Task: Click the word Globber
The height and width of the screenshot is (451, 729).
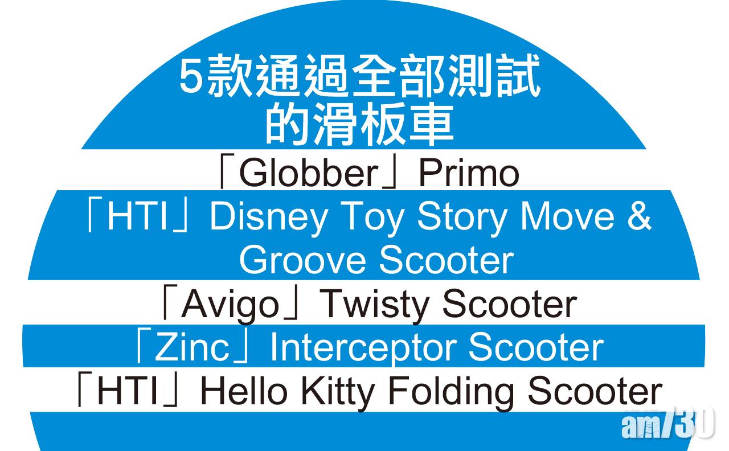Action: coord(309,173)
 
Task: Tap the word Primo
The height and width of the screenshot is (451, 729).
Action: coord(469,173)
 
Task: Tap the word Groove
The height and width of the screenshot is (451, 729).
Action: coord(302,260)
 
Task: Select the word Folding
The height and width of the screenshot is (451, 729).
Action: coord(451,392)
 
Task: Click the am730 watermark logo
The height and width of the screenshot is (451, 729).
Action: coord(667,423)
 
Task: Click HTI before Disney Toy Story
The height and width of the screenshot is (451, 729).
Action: coord(138,216)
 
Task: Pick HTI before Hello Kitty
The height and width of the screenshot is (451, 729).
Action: coord(128,391)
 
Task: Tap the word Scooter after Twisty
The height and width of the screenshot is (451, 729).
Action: coord(510,304)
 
